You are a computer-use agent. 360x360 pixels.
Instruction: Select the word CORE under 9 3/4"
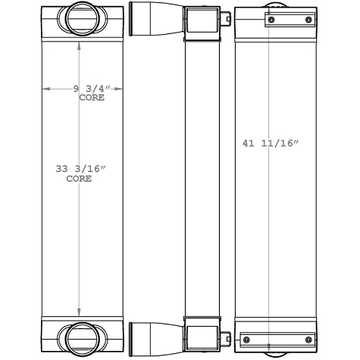(x=91, y=98)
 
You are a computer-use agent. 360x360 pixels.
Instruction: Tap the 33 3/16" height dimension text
(x=79, y=170)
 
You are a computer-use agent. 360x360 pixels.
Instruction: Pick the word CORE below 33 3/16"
(x=79, y=180)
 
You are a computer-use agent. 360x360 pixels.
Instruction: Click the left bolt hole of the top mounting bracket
(x=267, y=19)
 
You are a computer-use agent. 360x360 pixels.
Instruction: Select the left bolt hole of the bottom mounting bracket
(x=244, y=338)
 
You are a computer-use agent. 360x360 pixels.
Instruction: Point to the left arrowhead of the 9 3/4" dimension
(x=44, y=89)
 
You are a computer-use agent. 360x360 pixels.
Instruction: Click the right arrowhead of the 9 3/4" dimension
(x=119, y=89)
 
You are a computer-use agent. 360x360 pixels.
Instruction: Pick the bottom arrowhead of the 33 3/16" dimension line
(x=80, y=313)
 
